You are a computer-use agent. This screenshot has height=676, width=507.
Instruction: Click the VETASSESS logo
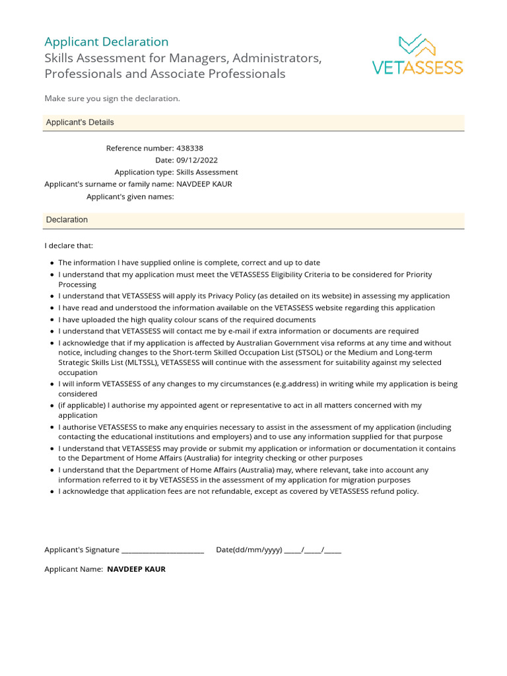[417, 54]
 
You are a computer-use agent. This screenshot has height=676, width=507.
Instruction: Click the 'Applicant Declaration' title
[106, 42]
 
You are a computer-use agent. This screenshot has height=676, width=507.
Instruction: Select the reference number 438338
[190, 149]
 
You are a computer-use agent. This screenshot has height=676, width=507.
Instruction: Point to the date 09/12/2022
[197, 160]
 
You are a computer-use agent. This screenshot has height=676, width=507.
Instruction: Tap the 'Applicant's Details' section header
[80, 123]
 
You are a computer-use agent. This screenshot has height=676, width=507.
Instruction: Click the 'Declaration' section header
[67, 220]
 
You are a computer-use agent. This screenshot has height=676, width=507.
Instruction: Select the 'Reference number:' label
[140, 149]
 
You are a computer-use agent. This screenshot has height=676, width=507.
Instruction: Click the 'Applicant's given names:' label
[130, 197]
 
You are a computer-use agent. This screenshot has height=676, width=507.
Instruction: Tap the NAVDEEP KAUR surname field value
[204, 184]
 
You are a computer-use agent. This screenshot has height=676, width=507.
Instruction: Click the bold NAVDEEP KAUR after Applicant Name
[136, 569]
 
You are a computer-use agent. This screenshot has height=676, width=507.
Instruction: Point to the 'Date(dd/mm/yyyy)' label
[249, 550]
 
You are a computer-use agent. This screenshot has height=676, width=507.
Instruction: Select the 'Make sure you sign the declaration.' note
[112, 98]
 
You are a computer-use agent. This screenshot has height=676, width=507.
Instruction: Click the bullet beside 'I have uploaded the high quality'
[52, 320]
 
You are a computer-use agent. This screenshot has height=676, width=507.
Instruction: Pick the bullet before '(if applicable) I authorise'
[52, 406]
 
